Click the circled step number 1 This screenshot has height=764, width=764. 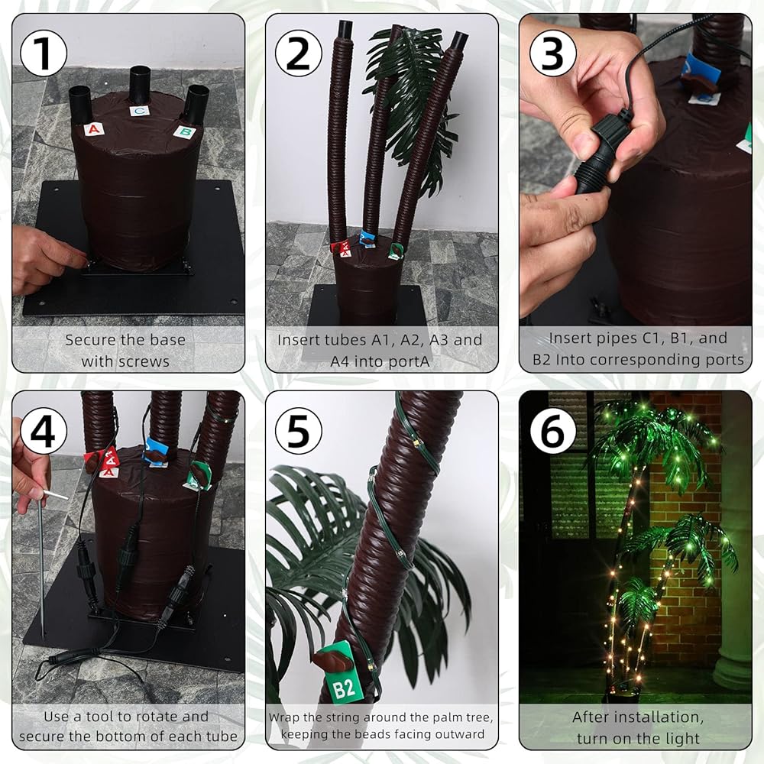tap(44, 53)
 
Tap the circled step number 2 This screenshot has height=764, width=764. tap(298, 53)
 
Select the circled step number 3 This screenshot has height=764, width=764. tap(552, 53)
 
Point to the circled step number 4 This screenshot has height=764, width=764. tap(44, 431)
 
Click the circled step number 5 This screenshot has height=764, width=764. tap(298, 431)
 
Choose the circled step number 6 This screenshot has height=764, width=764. tap(552, 431)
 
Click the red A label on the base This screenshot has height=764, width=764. tap(93, 129)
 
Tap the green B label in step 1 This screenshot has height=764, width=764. tap(185, 131)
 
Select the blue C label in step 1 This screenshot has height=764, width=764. tap(139, 111)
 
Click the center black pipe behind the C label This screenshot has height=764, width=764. tap(140, 85)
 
